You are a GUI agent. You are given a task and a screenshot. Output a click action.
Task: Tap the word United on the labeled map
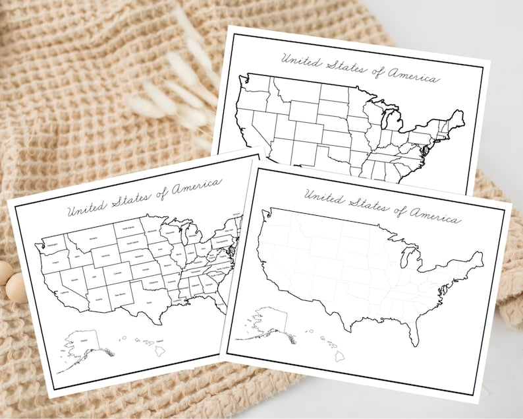pyautogui.click(x=85, y=209)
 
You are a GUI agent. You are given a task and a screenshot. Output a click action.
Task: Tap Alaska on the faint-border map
pyautogui.click(x=267, y=321)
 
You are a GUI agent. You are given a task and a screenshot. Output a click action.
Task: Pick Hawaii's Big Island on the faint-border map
pyautogui.click(x=339, y=356)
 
